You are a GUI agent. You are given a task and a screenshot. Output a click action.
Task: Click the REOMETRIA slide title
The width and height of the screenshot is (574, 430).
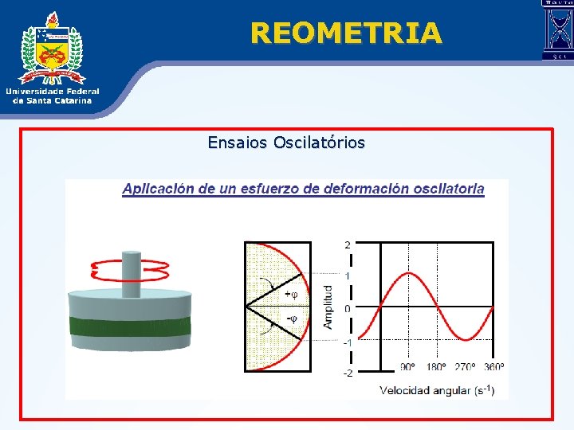point(345,33)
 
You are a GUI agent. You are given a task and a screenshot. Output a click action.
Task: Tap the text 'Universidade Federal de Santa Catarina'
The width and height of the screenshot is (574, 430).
point(53,96)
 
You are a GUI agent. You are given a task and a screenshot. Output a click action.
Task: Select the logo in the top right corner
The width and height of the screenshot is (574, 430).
point(557,30)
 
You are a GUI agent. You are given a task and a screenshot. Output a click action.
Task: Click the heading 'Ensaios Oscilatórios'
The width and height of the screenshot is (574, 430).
point(286,143)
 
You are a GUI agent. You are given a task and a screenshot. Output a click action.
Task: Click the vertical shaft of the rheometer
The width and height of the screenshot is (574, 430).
point(131,271)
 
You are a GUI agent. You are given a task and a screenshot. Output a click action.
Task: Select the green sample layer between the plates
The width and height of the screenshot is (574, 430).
point(131,326)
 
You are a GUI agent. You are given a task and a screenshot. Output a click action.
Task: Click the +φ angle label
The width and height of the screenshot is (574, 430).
point(291,294)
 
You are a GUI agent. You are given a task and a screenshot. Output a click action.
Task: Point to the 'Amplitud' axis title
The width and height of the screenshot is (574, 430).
point(328,307)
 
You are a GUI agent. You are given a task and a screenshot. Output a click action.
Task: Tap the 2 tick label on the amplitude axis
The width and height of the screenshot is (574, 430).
point(347,244)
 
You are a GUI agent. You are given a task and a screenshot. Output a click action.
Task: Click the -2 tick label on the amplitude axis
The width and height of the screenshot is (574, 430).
point(347,373)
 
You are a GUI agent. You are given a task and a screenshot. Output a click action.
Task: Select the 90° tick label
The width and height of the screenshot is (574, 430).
point(407,367)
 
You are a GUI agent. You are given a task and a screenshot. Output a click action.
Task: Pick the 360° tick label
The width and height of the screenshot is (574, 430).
point(494,367)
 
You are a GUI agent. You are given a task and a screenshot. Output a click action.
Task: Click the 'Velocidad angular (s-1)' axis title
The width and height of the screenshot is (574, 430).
point(437,390)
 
